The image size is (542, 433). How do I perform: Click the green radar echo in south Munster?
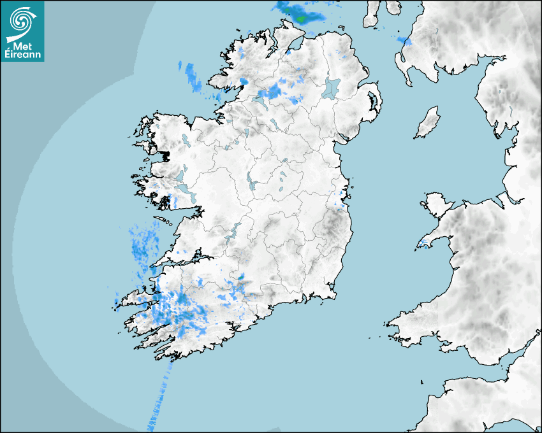[x=240, y=276]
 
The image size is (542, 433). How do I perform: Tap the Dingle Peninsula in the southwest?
[x=134, y=299]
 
